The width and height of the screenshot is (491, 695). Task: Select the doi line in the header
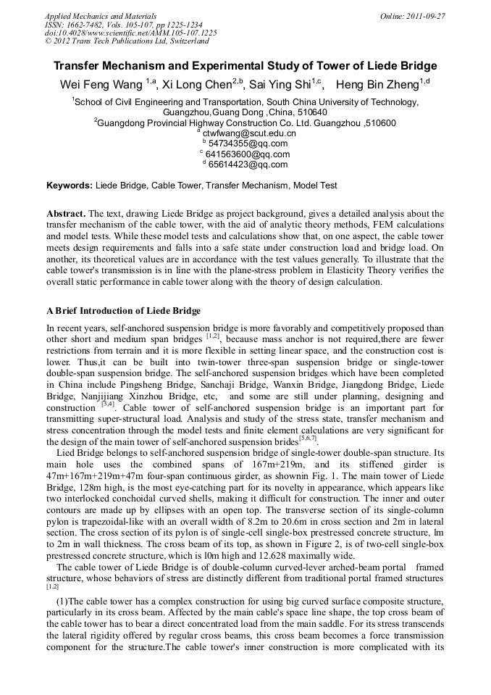[130, 33]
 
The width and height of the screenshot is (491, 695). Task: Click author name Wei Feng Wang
[101, 85]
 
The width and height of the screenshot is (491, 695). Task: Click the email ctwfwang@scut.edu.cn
[249, 133]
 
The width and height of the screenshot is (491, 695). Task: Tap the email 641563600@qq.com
[248, 154]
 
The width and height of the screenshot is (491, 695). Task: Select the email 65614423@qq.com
[248, 165]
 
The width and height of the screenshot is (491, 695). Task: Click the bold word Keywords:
[70, 186]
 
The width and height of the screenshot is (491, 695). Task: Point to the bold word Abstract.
[66, 214]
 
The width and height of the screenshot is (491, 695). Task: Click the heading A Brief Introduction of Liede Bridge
[123, 311]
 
